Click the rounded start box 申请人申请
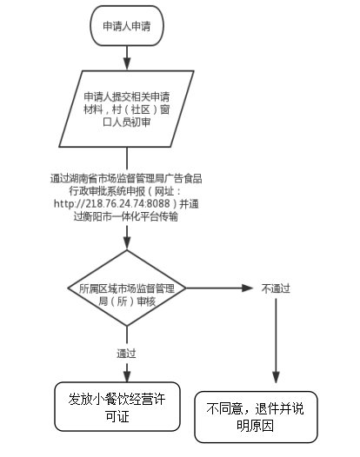127,26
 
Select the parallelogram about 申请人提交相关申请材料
127,109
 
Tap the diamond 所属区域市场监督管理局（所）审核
127,288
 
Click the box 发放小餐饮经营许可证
117,407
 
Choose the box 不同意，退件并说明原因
256,417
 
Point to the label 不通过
276,288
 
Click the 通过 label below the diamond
126,354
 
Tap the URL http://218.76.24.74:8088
111,203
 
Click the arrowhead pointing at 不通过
247,288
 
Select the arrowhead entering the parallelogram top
127,64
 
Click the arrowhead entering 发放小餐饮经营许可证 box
127,376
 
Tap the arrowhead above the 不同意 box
276,377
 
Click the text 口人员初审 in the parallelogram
127,123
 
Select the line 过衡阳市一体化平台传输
126,216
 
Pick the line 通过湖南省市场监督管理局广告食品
126,178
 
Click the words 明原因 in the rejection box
256,426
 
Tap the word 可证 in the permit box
117,416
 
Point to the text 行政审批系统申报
107,191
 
